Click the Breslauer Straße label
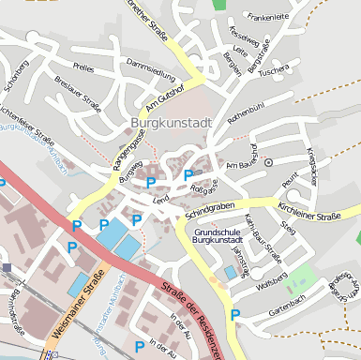coord(77,93)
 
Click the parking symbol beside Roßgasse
coord(188,174)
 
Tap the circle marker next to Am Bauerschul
coord(268,162)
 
